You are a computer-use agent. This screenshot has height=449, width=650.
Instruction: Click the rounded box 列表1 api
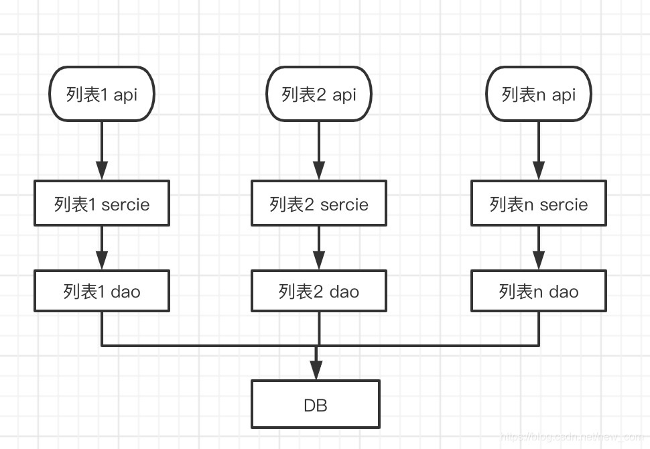102,94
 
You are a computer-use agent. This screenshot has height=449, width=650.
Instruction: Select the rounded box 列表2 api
319,94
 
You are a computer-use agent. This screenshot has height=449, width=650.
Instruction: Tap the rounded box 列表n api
539,94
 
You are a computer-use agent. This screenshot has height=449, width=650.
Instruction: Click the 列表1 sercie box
102,204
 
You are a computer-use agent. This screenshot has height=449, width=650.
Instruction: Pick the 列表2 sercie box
319,204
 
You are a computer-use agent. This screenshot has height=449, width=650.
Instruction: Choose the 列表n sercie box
539,204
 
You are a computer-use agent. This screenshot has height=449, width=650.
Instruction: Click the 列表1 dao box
102,291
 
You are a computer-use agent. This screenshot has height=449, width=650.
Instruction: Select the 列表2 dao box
319,291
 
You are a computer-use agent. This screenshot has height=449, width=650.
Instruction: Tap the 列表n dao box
539,291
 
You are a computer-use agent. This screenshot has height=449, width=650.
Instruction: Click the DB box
316,404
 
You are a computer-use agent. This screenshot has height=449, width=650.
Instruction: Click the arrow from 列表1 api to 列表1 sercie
102,151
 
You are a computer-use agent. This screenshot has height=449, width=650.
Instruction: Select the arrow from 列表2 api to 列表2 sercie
319,151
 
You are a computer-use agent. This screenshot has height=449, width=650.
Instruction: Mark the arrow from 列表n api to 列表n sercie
539,151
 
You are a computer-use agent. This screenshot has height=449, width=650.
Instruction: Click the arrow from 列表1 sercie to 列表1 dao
102,247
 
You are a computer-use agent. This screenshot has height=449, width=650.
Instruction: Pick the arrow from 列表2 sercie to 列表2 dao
319,247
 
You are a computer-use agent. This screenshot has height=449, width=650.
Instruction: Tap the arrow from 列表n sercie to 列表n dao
539,247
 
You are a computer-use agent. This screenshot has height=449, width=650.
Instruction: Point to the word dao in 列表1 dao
125,292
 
